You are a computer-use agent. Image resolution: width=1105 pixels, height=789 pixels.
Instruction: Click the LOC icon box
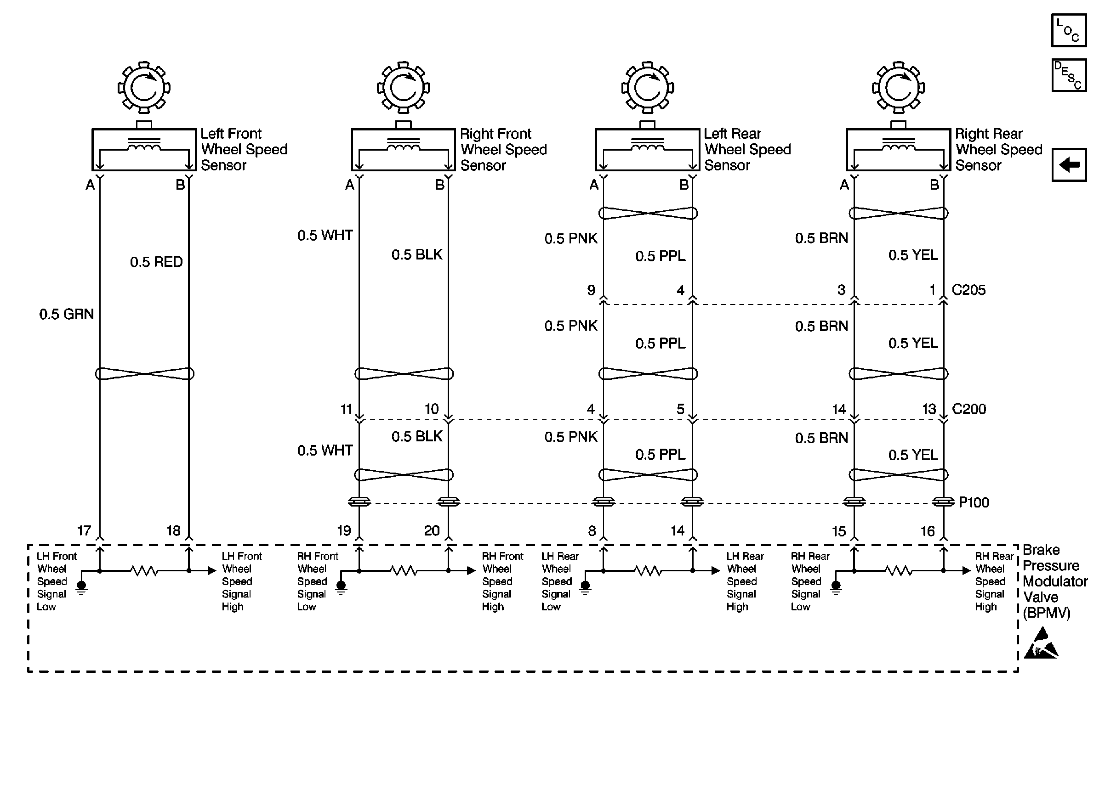(1068, 31)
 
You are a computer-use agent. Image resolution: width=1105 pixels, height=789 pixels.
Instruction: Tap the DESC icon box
(1068, 75)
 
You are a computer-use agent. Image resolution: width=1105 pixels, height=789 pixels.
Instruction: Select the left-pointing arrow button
(1069, 165)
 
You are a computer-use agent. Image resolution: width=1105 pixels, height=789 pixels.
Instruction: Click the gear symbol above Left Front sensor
(144, 87)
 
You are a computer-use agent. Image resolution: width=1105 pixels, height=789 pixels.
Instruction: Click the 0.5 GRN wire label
(67, 314)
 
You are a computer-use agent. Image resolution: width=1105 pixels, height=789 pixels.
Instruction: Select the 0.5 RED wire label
(156, 262)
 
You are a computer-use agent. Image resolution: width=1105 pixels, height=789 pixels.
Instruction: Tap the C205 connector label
(968, 290)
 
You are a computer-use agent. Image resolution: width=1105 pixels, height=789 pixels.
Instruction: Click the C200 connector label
(969, 409)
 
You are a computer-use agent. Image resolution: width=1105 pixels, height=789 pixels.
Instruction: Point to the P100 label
(974, 502)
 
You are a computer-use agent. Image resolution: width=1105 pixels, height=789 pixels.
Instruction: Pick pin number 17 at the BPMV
(84, 530)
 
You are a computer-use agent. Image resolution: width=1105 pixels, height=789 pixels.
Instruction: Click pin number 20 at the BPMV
(432, 530)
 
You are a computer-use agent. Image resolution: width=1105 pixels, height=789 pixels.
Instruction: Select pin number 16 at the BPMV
(928, 531)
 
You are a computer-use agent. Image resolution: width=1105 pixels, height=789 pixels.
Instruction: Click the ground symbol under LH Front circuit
(82, 587)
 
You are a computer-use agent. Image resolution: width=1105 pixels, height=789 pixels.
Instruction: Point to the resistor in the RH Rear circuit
(899, 571)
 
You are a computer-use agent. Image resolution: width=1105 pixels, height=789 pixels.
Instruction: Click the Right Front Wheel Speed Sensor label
(503, 150)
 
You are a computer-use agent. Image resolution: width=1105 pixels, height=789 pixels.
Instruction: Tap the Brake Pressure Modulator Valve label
(1054, 581)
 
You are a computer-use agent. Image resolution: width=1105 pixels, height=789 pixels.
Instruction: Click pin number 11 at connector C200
(346, 410)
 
